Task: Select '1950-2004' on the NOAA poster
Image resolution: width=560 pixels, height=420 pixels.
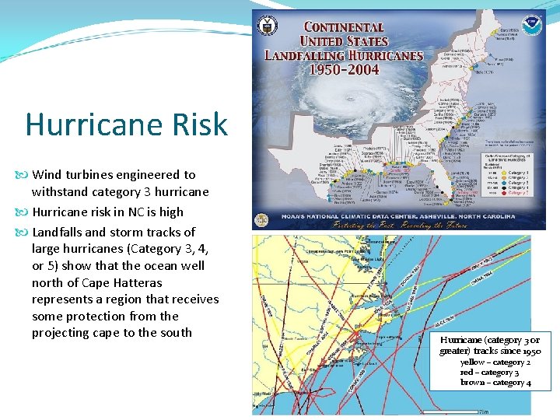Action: pyautogui.click(x=344, y=69)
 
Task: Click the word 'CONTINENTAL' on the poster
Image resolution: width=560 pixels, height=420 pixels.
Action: pyautogui.click(x=344, y=27)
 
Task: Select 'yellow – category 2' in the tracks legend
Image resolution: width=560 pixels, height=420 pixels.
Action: pyautogui.click(x=495, y=362)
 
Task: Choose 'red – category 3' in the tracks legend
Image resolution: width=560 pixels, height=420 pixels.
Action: pyautogui.click(x=489, y=372)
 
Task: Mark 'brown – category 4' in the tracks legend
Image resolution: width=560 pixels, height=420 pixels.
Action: pyautogui.click(x=495, y=382)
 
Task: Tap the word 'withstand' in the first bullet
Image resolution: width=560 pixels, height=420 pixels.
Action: pyautogui.click(x=59, y=191)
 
